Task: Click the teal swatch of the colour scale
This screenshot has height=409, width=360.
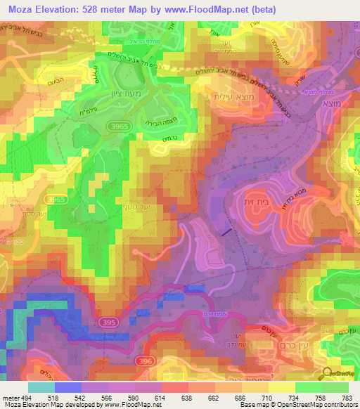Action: point(41,387)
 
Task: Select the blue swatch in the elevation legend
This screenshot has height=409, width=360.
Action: point(68,387)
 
